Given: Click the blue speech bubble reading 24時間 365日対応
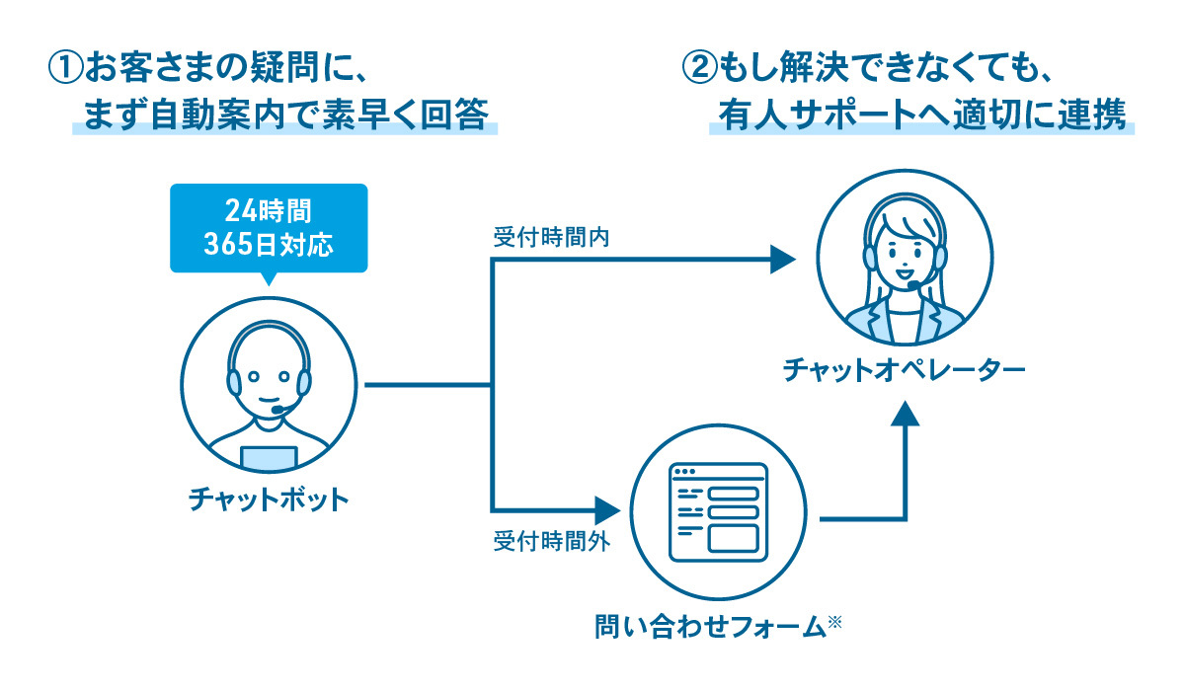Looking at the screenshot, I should [268, 228].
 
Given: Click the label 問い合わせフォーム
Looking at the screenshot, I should [709, 626].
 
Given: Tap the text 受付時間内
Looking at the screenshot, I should [539, 240].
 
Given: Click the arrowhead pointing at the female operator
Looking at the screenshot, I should [782, 260].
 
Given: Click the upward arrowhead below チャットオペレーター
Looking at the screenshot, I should [904, 413].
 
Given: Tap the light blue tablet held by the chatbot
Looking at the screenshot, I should [269, 457].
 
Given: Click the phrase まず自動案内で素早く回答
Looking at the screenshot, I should [285, 116].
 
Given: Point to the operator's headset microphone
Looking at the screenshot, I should [915, 285].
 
